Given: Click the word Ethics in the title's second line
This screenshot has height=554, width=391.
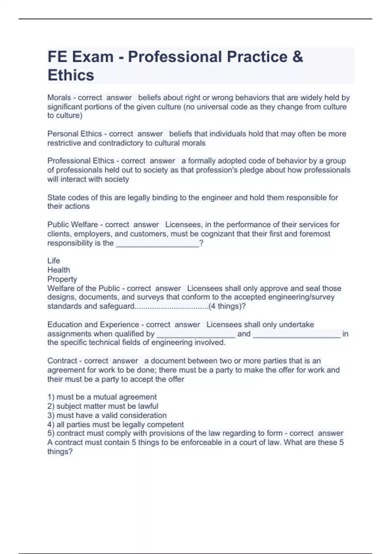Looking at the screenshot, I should click(71, 75).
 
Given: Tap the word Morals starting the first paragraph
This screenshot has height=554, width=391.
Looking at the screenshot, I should click(59, 97).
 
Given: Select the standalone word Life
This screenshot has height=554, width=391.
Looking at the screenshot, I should click(54, 261).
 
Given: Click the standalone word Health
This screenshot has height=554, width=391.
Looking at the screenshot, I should click(59, 270).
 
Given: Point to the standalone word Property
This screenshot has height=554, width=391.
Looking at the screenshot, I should click(62, 279).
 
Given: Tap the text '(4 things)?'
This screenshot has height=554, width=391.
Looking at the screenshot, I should click(227, 306).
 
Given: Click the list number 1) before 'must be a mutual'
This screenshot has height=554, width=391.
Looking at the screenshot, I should click(51, 397).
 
